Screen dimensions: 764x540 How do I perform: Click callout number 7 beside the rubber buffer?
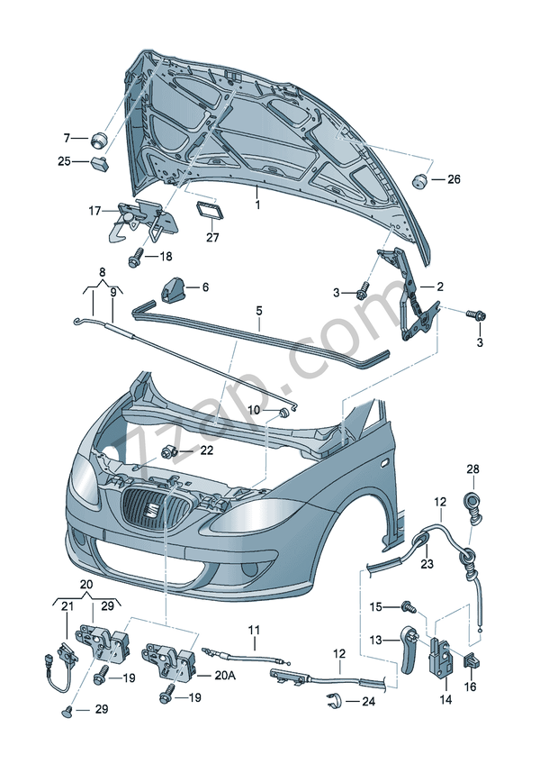pos(66,138)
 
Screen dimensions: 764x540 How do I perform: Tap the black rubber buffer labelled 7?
pos(97,139)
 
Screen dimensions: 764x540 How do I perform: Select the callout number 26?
pos(453,179)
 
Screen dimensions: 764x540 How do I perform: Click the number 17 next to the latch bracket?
pos(94,211)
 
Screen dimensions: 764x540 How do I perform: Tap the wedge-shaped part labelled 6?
pos(172,288)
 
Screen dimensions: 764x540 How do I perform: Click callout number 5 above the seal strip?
pos(258,311)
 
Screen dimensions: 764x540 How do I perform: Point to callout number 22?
pos(206,450)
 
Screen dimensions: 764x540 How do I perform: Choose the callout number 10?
pos(254,410)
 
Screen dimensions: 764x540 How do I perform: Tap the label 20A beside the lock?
pos(226,676)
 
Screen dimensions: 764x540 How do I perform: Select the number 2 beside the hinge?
pos(440,286)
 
